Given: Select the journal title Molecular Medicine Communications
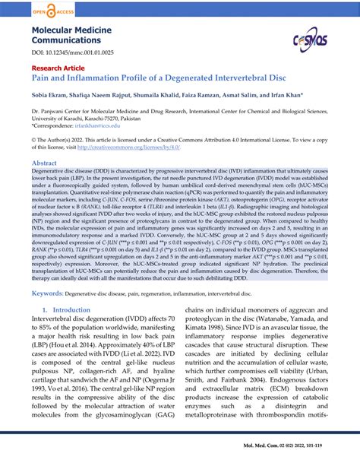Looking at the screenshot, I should (71, 37).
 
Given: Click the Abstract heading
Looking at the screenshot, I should (43, 163).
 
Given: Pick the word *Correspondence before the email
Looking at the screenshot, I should (54, 125).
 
